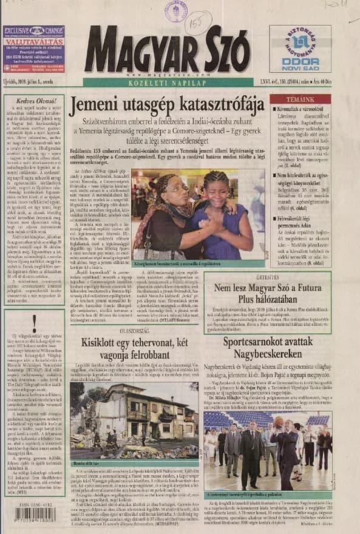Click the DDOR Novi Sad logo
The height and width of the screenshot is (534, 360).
(300, 49)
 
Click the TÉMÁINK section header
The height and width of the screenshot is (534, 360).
(301, 98)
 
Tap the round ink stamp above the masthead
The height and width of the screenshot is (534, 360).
(175, 11)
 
